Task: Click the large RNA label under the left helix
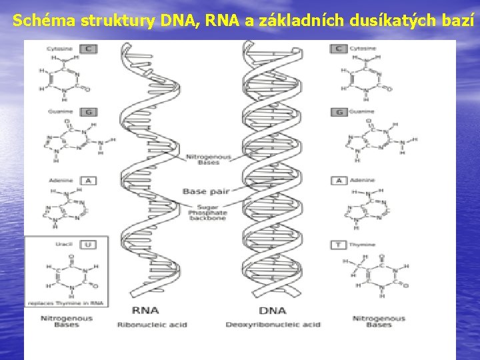point(145,310)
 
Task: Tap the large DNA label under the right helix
point(272,310)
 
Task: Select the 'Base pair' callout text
point(206,191)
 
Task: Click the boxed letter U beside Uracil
point(87,245)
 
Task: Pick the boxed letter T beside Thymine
point(339,245)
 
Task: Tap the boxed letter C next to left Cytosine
point(88,49)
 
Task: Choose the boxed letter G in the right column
point(339,112)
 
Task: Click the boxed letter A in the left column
point(88,180)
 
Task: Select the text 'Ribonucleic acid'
point(152,325)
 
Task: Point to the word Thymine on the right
point(363,245)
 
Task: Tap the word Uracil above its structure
point(65,245)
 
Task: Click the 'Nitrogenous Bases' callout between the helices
point(208,160)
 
